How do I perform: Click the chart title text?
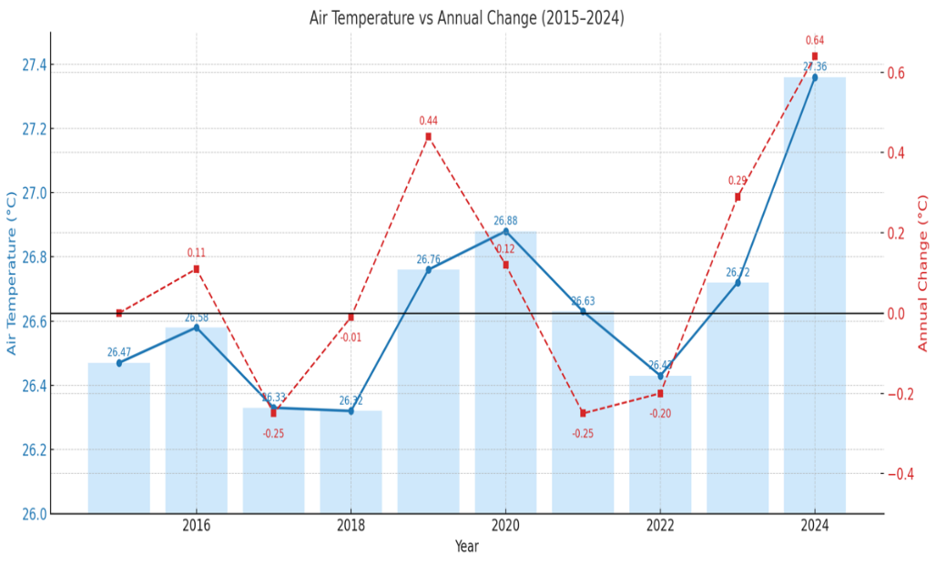click(467, 18)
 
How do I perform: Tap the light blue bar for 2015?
click(119, 438)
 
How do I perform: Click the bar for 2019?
click(428, 391)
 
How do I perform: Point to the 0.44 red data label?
click(428, 121)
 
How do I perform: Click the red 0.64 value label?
click(815, 40)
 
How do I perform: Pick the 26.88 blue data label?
click(505, 221)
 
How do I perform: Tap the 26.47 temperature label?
click(119, 352)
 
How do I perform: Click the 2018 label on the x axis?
click(351, 526)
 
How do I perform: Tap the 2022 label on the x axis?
click(660, 526)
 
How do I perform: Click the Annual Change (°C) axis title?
click(922, 273)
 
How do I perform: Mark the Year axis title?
click(466, 547)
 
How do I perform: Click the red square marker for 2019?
click(428, 136)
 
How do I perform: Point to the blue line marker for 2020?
click(506, 231)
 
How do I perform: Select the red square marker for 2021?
click(583, 413)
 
